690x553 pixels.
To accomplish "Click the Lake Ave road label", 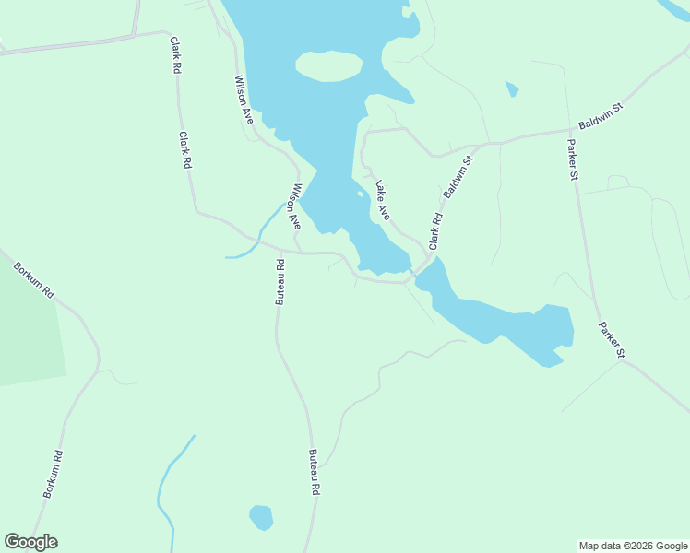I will (x=381, y=203).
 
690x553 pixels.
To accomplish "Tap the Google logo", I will (x=30, y=542).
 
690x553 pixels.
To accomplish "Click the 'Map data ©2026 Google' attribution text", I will (x=634, y=546).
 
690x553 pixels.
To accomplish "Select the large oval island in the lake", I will (x=328, y=65).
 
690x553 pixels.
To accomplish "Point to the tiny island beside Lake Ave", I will (x=359, y=194).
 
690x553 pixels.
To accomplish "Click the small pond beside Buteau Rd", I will (x=262, y=517).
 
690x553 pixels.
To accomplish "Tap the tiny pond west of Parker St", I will (x=512, y=89).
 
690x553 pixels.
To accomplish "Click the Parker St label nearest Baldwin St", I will (x=572, y=159).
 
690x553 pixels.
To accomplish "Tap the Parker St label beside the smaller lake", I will (x=611, y=339).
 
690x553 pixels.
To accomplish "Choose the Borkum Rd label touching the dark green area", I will (x=34, y=280).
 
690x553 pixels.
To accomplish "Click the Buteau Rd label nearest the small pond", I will (x=314, y=473).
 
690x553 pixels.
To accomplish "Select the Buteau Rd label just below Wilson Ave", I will (x=279, y=281).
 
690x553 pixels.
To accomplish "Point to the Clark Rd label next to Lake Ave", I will (x=435, y=230).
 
